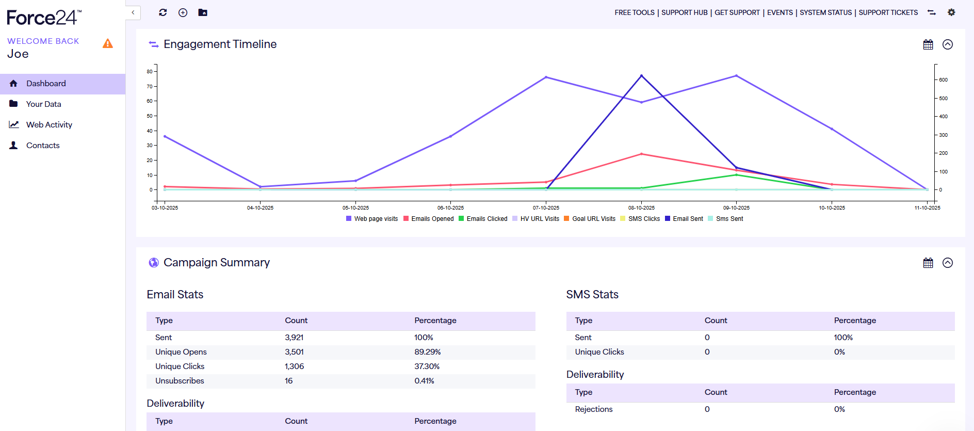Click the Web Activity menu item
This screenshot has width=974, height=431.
tap(49, 125)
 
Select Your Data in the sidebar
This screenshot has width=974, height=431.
tap(43, 104)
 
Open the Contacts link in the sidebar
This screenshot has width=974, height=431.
tap(43, 146)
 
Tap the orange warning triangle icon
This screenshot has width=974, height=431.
tap(108, 44)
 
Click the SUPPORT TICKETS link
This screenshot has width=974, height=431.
tap(888, 12)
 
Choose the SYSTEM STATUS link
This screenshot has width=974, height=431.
tap(825, 12)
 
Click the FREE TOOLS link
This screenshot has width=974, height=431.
tap(634, 12)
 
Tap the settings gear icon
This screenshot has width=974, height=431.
tap(951, 12)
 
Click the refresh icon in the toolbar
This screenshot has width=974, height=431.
tap(163, 12)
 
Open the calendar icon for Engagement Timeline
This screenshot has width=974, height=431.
tap(928, 44)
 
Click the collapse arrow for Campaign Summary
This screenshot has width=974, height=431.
tap(948, 263)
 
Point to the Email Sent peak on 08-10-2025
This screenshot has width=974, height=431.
tap(641, 76)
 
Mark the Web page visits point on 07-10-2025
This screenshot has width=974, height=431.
tap(546, 77)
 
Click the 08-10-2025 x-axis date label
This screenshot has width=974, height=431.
tap(641, 208)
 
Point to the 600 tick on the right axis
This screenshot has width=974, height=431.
tap(943, 80)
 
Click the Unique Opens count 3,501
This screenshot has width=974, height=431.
tap(294, 352)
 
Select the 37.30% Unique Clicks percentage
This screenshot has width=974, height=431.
tap(427, 366)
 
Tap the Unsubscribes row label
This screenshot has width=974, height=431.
tap(180, 381)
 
